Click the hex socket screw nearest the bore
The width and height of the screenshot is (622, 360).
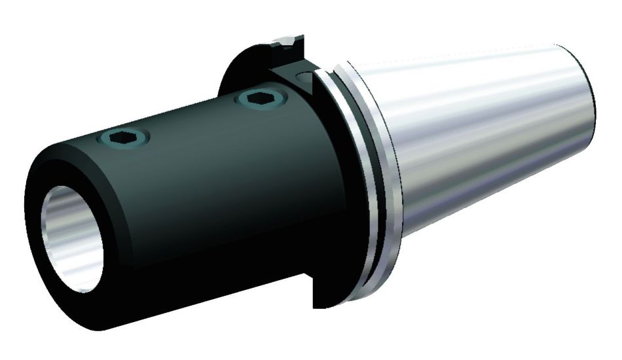click(122, 137)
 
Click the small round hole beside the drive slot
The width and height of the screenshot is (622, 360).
click(304, 78)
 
